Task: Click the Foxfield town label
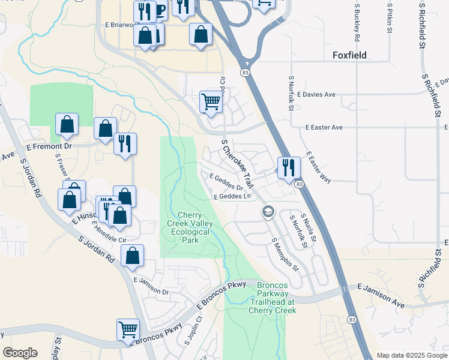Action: coord(357,56)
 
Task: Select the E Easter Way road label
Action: coord(318,167)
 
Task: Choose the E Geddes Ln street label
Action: coord(232,197)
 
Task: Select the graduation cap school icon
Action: coord(268,212)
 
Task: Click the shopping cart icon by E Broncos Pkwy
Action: coord(128,329)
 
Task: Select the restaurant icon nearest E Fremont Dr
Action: coord(125,144)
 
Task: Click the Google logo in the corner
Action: coord(20,353)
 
